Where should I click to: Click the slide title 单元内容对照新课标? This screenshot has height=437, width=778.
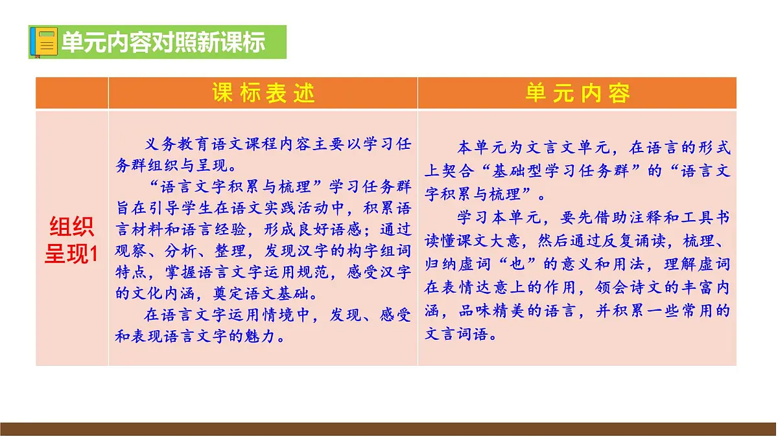tap(163, 43)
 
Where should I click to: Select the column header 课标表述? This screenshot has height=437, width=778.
tap(263, 93)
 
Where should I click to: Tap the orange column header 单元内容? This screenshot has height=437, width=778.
tap(577, 93)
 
